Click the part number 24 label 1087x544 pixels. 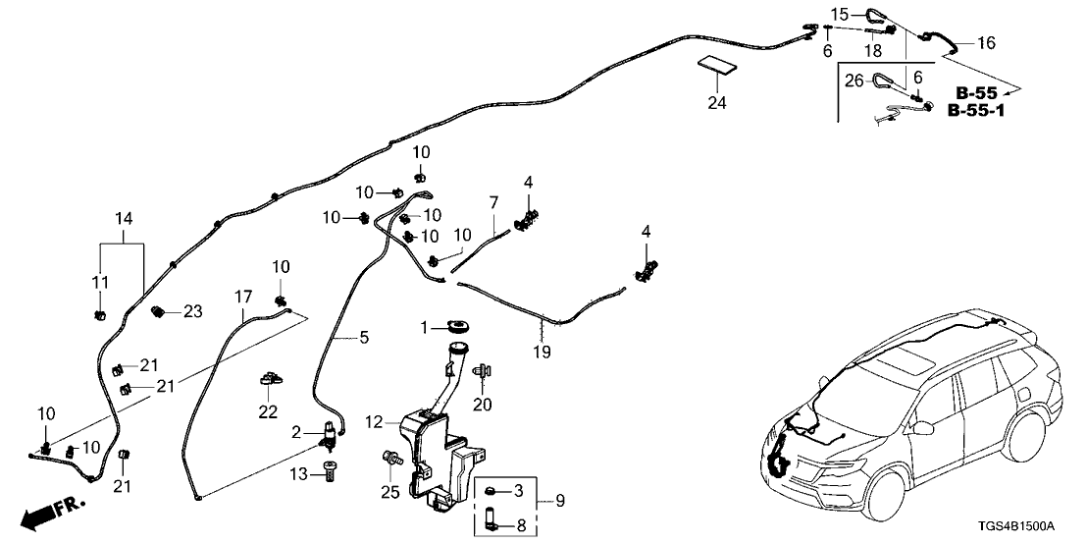tap(716, 101)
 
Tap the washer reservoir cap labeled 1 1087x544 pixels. tap(457, 326)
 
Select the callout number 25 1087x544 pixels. tap(390, 492)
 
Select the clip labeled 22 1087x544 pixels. tap(269, 380)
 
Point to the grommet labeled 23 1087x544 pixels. tap(157, 312)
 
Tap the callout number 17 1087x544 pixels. tap(242, 296)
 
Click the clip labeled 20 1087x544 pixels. tap(482, 372)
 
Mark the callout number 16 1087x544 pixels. tap(986, 42)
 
